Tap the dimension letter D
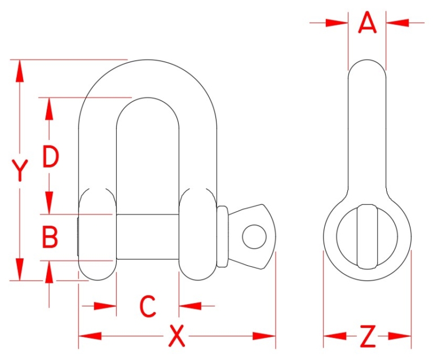click(x=50, y=157)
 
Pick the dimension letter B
click(x=50, y=238)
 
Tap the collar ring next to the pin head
click(x=222, y=236)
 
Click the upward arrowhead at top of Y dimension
click(x=20, y=71)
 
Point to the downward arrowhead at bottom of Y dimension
click(x=20, y=269)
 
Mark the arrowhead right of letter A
click(x=396, y=23)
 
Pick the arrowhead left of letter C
click(x=106, y=306)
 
